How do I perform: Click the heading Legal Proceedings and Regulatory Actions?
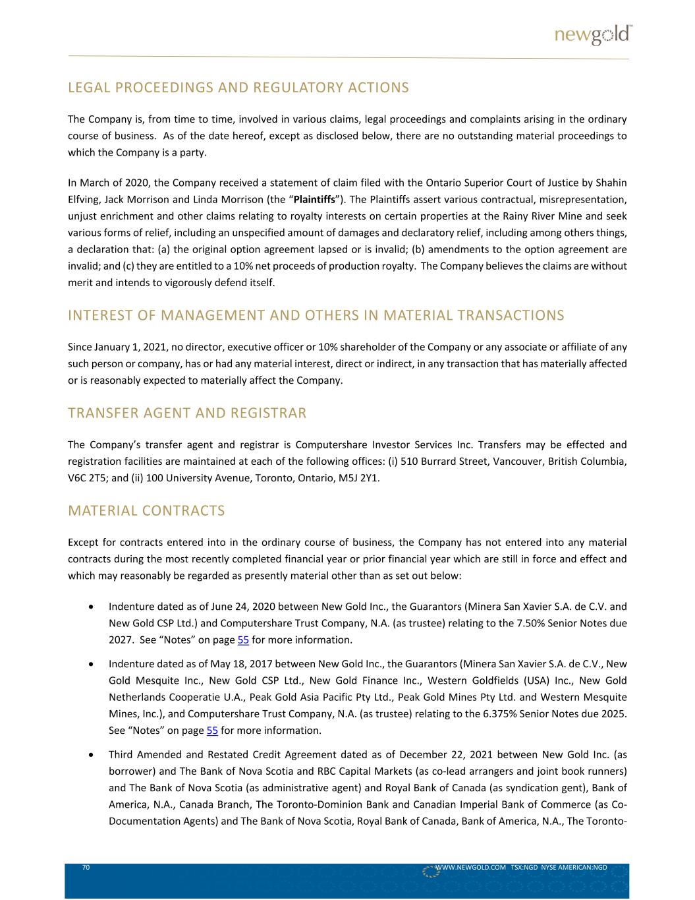(238, 88)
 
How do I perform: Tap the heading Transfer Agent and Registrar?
(187, 413)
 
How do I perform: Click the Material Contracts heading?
(146, 511)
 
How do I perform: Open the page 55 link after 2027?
(243, 640)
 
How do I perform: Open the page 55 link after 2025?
(212, 731)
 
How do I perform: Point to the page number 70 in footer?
(86, 868)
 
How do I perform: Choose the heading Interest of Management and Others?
(316, 315)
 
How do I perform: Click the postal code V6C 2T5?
(86, 478)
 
